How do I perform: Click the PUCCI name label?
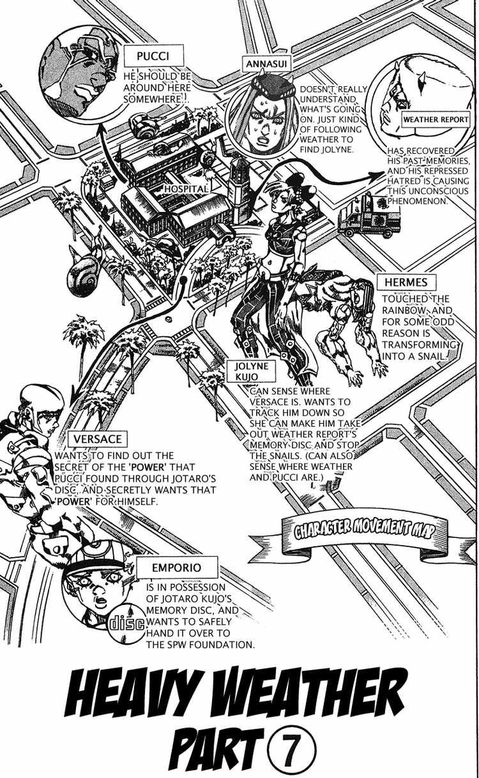click(x=153, y=56)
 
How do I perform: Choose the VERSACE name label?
click(x=97, y=439)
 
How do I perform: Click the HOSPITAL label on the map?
click(x=186, y=189)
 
